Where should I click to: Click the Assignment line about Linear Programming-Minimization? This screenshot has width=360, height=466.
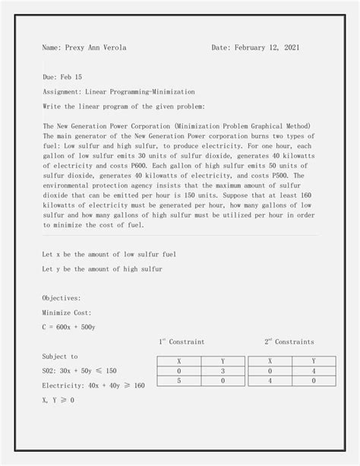click(x=118, y=91)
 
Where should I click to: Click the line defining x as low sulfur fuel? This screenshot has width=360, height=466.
click(x=109, y=254)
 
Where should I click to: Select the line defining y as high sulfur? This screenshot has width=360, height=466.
click(x=102, y=269)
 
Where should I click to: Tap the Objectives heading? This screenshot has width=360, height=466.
click(x=62, y=298)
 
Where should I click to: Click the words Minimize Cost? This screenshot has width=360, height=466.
click(x=67, y=312)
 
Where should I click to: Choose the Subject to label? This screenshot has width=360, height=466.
click(x=60, y=356)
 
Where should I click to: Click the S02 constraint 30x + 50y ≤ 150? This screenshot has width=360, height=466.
click(x=80, y=371)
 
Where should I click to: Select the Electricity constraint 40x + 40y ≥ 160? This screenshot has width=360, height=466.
click(x=93, y=385)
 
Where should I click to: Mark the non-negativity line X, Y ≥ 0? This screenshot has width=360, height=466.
click(x=58, y=401)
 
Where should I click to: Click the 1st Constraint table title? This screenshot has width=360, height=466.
click(x=182, y=341)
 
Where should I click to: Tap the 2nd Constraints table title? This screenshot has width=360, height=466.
click(x=289, y=341)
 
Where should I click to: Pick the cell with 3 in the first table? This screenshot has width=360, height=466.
click(x=223, y=371)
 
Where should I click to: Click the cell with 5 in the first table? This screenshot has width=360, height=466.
click(x=178, y=381)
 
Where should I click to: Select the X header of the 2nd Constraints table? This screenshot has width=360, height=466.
click(x=270, y=361)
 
